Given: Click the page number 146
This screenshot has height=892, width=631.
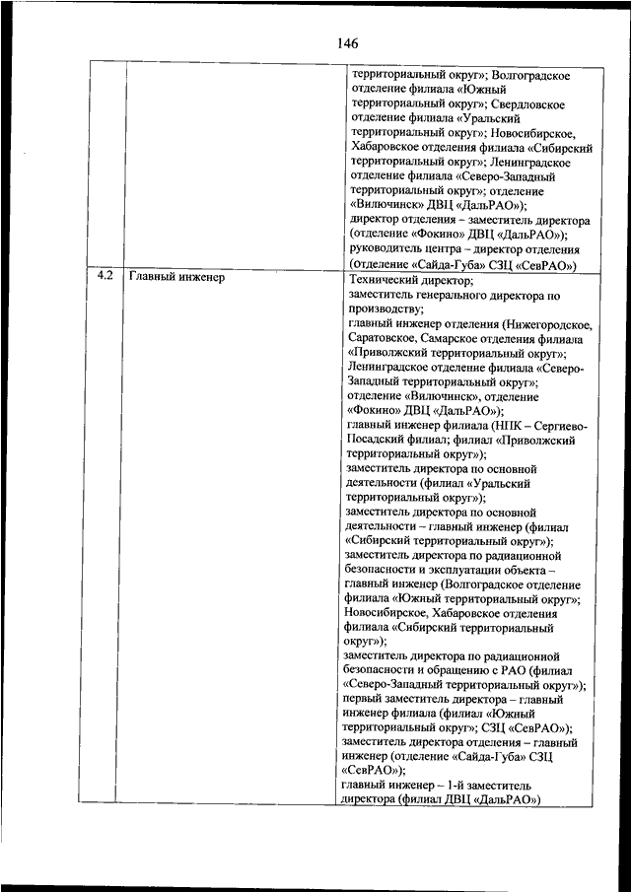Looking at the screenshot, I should (x=347, y=43).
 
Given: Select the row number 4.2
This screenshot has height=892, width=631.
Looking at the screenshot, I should (x=105, y=277).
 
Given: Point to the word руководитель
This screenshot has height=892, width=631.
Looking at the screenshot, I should (x=386, y=249).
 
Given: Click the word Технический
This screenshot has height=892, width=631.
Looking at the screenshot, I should (x=386, y=280).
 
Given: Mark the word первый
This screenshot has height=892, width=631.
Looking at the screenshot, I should (x=366, y=700).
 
